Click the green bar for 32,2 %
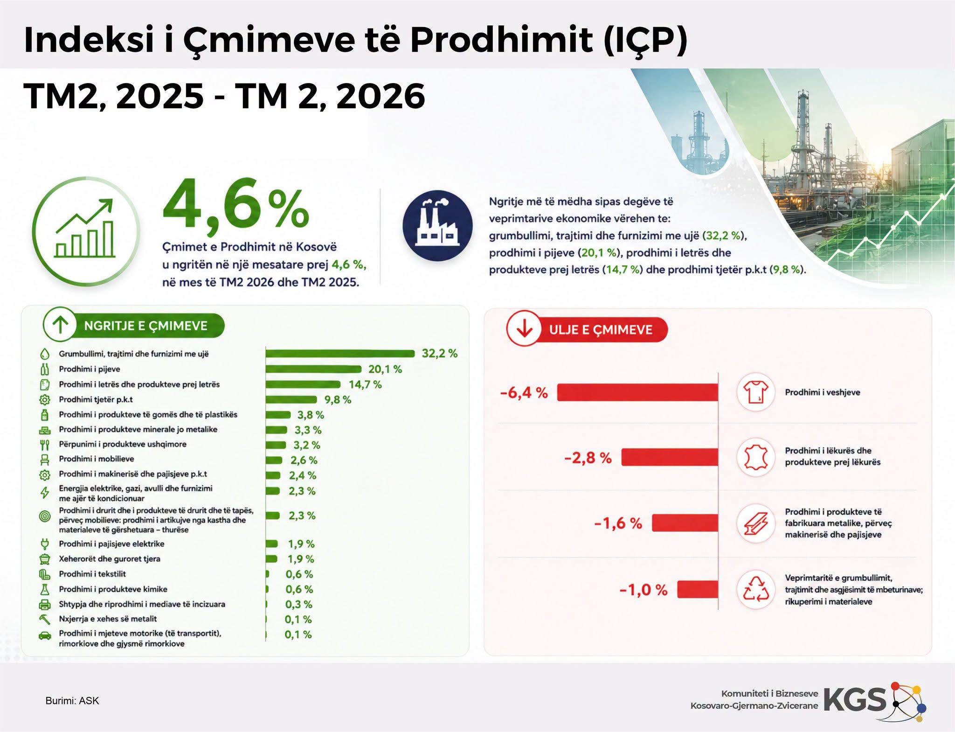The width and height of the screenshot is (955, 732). click(340, 354)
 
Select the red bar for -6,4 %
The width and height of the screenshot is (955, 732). click(637, 392)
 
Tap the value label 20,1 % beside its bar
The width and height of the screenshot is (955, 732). click(385, 369)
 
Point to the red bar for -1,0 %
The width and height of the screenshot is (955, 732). click(698, 589)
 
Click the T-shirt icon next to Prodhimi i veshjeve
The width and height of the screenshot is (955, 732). click(755, 392)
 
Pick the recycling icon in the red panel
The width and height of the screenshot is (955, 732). click(755, 589)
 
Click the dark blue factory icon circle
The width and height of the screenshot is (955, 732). click(437, 225)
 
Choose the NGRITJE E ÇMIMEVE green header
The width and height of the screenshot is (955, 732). click(134, 325)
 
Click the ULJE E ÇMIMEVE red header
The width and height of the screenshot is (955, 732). click(587, 329)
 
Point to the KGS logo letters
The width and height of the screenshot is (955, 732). click(855, 700)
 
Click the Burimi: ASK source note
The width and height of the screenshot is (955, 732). click(72, 701)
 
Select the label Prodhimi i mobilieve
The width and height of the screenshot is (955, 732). click(97, 459)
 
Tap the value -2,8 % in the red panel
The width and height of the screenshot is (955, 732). click(588, 458)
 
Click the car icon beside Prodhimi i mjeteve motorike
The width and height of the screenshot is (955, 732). click(45, 635)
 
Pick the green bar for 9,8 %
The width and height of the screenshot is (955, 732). click(291, 399)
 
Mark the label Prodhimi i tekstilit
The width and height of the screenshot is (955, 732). click(92, 574)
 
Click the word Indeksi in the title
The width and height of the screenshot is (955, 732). click(89, 40)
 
